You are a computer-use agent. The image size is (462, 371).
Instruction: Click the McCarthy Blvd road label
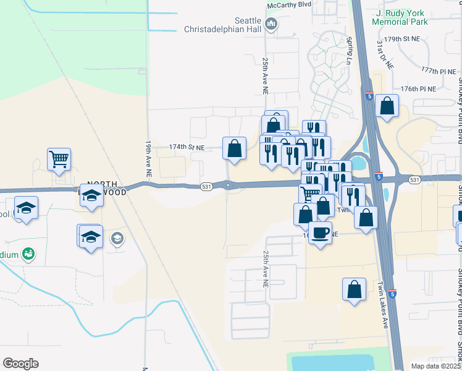tap(288, 4)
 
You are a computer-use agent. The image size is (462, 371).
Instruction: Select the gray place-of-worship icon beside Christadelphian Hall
tap(271, 25)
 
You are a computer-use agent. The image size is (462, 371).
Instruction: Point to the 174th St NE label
tap(187, 148)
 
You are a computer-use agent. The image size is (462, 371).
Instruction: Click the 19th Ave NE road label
tap(148, 160)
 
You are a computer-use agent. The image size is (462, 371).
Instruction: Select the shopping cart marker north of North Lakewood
tap(59, 159)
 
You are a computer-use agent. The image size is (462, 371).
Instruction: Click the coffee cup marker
tap(320, 233)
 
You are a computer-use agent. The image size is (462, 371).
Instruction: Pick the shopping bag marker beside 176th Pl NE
tap(387, 105)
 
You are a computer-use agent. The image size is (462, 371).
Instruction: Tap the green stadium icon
tap(28, 253)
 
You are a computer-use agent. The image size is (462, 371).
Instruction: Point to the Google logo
tap(20, 364)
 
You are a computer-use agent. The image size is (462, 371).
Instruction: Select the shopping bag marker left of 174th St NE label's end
tap(234, 148)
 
